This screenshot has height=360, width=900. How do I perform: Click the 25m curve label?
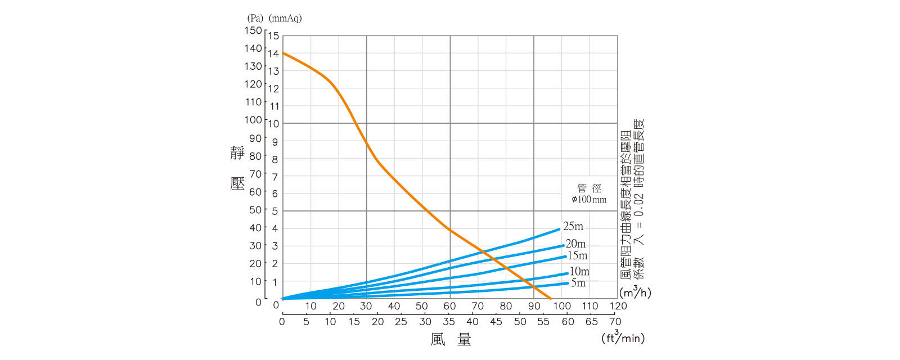573,226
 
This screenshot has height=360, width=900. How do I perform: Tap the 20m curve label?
575,244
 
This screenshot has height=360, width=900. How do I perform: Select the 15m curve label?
577,255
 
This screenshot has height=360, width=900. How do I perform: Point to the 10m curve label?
579,272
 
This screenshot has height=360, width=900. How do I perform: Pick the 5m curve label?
578,282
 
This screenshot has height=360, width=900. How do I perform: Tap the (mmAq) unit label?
285,18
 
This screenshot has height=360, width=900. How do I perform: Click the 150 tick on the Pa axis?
253,30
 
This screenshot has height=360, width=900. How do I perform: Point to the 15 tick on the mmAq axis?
273,36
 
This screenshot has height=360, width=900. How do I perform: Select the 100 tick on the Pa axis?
253,120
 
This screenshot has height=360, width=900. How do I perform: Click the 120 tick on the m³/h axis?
618,306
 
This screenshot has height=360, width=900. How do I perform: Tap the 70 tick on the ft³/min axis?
615,322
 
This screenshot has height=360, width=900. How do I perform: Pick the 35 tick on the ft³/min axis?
448,322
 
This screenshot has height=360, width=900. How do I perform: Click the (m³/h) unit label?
635,292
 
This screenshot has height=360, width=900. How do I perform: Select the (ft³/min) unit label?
623,338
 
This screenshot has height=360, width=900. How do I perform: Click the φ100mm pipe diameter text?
589,199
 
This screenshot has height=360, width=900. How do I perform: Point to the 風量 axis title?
451,339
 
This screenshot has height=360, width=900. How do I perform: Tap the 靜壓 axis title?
237,168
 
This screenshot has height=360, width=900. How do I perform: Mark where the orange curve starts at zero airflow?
282,53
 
